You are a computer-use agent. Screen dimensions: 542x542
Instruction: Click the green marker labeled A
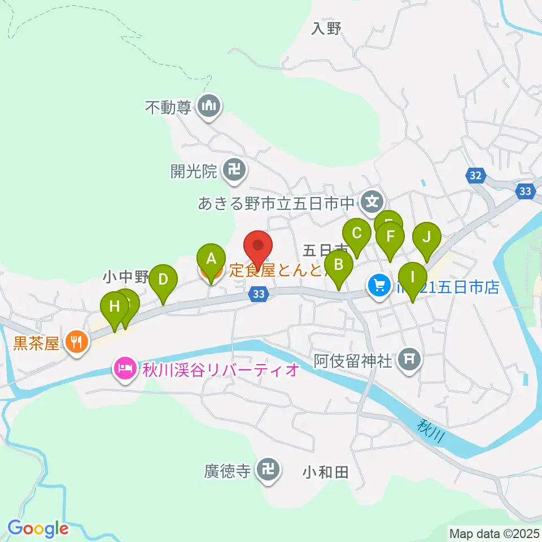(x=211, y=259)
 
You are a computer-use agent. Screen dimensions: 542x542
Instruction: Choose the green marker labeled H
(x=115, y=307)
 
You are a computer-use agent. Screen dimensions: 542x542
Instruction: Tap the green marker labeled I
(x=412, y=277)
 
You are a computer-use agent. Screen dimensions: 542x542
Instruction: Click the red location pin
(x=258, y=246)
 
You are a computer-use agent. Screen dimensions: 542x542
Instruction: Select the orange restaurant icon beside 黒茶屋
(x=76, y=342)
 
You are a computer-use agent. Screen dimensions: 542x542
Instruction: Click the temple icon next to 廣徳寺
(x=269, y=469)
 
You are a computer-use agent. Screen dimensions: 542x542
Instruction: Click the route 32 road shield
(x=475, y=176)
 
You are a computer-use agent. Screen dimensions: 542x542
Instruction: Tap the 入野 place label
(x=326, y=28)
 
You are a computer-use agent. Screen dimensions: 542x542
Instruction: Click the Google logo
(x=38, y=528)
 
